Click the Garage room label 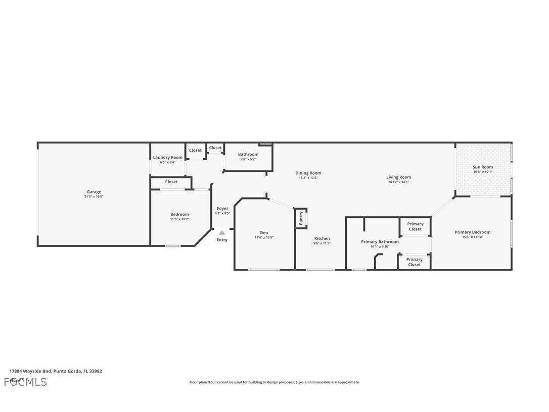pos(94,192)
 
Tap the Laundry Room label pos(167,157)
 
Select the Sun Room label pos(482,167)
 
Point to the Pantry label pos(301,218)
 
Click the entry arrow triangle pos(221,232)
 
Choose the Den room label pos(264,233)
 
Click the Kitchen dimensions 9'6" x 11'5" pos(322,243)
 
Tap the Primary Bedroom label pos(472,232)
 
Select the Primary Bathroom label pos(380,242)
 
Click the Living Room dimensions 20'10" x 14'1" pos(398,182)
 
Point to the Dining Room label pos(308,173)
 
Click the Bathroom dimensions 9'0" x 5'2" pos(248,159)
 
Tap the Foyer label pos(222,209)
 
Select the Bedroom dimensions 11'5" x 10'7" pos(179,219)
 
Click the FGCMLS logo pos(25,382)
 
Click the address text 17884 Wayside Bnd pos(30,371)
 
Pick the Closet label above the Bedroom pos(171,182)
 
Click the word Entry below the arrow pos(222,240)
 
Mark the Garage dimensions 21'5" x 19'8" pos(94,197)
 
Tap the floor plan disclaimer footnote pos(274,382)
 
